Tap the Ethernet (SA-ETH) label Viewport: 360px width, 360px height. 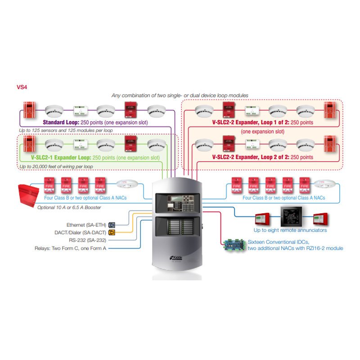[x=86, y=225]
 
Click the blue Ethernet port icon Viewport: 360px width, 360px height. [x=112, y=225]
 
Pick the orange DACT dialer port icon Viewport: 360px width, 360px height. [x=112, y=233]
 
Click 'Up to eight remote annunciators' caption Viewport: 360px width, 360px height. [x=290, y=230]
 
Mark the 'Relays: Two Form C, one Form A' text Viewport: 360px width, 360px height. [x=71, y=248]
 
